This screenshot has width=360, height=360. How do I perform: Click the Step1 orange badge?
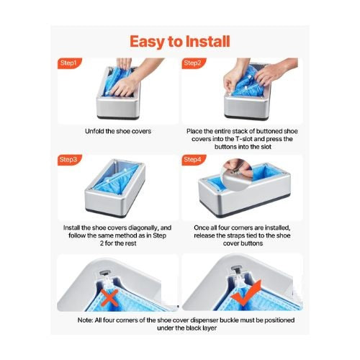coord(70,63)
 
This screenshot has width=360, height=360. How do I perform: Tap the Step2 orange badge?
coord(194,63)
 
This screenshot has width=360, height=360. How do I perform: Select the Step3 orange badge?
coord(70,160)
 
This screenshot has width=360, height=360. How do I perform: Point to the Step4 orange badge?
coord(194,160)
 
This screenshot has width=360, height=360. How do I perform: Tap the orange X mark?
coord(109,297)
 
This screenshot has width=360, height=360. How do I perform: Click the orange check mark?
coord(246,293)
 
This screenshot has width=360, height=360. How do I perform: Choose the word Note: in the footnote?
coord(85,320)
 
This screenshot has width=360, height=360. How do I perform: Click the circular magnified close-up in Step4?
coord(238,174)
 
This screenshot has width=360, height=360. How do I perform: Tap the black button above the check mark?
coord(237,269)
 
